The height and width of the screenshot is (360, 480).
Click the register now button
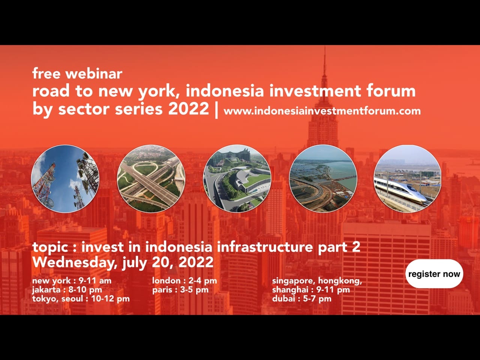click(x=434, y=274)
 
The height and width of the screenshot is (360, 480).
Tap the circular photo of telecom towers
click(x=65, y=179)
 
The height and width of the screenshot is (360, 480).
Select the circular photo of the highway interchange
click(x=151, y=179)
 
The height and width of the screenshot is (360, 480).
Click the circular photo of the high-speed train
click(x=408, y=179)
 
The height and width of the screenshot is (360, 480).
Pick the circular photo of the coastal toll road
click(x=323, y=179)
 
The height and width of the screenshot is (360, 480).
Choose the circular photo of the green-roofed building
click(x=237, y=179)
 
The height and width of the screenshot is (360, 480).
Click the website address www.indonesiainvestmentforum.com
click(x=322, y=111)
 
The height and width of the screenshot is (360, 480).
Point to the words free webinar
click(x=77, y=73)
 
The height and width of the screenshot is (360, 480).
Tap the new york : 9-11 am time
click(x=72, y=280)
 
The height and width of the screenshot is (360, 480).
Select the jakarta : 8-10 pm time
click(x=67, y=289)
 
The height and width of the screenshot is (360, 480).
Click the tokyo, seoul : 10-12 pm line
click(x=81, y=298)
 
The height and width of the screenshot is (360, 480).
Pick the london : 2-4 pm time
click(x=184, y=280)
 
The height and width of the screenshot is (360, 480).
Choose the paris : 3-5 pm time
click(x=180, y=289)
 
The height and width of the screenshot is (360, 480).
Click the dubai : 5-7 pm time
click(x=301, y=298)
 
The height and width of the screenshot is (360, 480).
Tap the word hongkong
click(x=340, y=280)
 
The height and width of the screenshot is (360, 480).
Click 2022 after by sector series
click(x=188, y=109)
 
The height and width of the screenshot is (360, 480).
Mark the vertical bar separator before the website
click(x=216, y=109)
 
